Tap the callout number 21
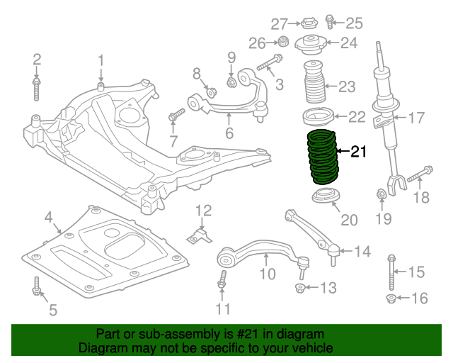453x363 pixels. [360, 151]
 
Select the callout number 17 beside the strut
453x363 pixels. [415, 118]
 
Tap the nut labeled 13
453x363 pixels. [301, 288]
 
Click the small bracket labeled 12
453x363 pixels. [200, 234]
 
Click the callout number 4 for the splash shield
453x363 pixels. [48, 217]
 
